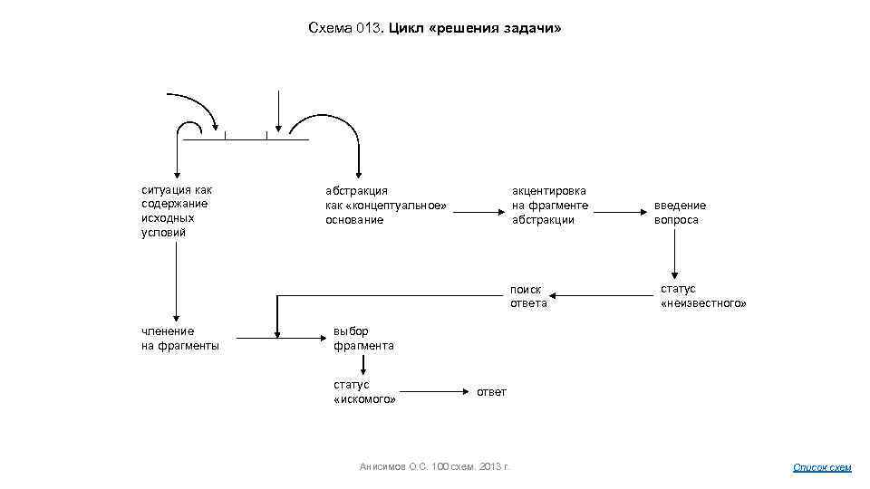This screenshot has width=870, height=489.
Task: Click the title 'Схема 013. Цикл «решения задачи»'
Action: [x=434, y=28]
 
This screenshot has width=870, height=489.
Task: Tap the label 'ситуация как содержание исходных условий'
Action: [x=177, y=211]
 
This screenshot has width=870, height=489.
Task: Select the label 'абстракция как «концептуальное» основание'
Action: [x=386, y=205]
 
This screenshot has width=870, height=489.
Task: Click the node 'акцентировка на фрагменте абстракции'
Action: [x=549, y=205]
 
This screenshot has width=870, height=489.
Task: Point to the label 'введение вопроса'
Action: [x=680, y=212]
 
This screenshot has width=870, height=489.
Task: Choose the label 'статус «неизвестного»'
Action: [x=703, y=295]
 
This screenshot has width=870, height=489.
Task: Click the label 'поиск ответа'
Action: [x=528, y=296]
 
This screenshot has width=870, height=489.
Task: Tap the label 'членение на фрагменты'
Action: [x=180, y=338]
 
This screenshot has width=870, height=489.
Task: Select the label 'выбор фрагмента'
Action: [x=363, y=338]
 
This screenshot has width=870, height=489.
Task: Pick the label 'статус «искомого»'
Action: [x=364, y=392]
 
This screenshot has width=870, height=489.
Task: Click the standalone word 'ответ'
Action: [x=491, y=391]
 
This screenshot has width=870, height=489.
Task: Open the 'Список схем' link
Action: [x=822, y=467]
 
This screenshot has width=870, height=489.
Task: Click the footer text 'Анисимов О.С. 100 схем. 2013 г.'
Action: [x=435, y=466]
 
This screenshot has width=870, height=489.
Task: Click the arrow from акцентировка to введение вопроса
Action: [x=618, y=211]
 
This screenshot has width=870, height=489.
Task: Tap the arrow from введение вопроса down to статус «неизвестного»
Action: [x=674, y=253]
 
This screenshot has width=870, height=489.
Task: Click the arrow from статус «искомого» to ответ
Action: [x=433, y=391]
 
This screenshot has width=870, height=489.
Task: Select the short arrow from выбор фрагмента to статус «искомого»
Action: [x=363, y=365]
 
